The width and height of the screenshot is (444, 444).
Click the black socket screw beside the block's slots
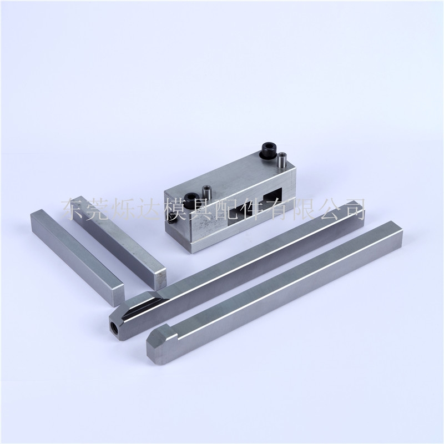click(x=190, y=200)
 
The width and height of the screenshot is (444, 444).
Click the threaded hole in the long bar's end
click(x=115, y=327)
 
